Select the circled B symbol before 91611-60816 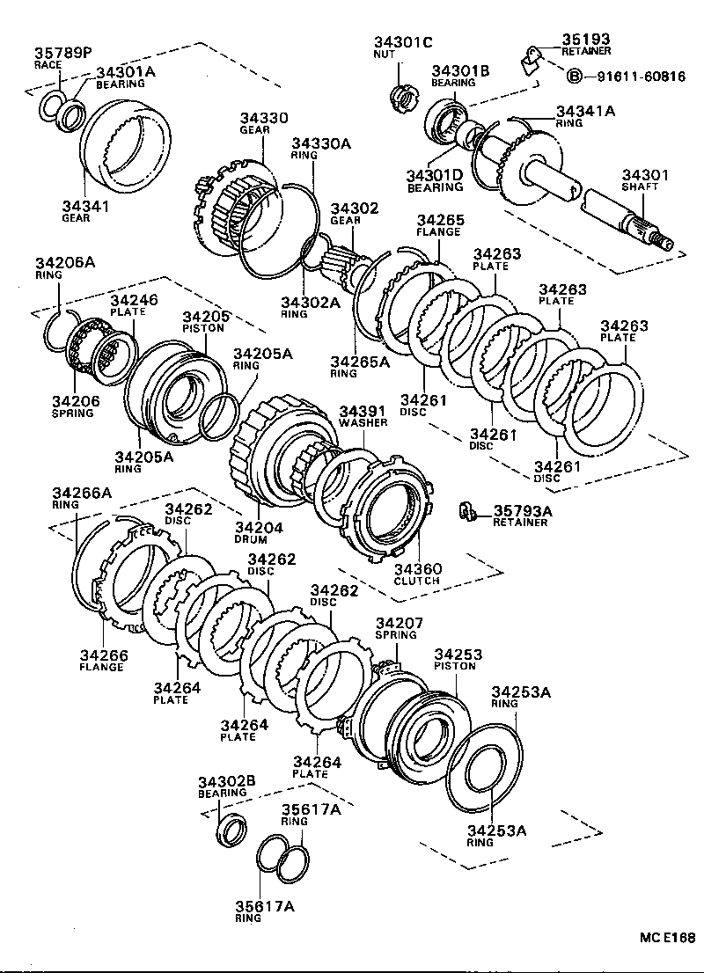(x=574, y=77)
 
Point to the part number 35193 (x=586, y=39)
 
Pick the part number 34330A (x=321, y=143)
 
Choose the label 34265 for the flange (x=441, y=220)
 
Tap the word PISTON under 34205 (x=204, y=328)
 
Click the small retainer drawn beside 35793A (x=467, y=510)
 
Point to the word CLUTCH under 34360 (x=417, y=582)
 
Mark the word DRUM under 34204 (x=251, y=539)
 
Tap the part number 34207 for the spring (x=400, y=622)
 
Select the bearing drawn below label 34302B (x=232, y=828)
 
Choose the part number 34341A (x=585, y=111)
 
